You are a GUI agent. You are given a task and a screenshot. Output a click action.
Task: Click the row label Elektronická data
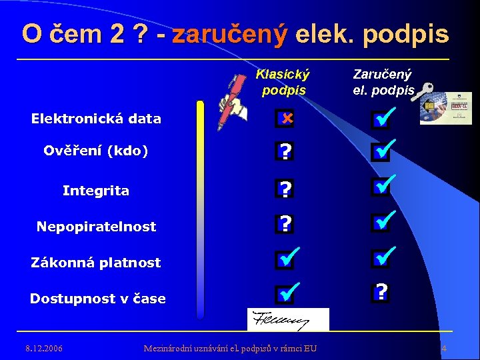click(x=96, y=119)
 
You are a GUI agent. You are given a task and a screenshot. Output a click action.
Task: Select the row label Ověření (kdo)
click(x=96, y=151)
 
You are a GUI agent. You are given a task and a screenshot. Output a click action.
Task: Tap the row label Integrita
click(x=96, y=191)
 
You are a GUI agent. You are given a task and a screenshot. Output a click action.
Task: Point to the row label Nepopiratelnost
click(x=96, y=227)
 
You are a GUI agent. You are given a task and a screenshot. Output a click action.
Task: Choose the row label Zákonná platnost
click(x=96, y=263)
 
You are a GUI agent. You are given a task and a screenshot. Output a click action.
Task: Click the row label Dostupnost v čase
click(x=97, y=299)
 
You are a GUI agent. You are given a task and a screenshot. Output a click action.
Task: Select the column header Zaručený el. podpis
click(x=383, y=82)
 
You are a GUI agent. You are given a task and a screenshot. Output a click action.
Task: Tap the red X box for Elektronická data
click(x=285, y=119)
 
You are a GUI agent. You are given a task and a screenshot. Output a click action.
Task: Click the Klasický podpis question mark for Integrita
click(x=285, y=190)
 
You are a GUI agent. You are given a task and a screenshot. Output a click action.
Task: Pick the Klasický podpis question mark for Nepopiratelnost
click(x=285, y=223)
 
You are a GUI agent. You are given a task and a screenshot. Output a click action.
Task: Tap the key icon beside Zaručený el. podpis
click(x=423, y=92)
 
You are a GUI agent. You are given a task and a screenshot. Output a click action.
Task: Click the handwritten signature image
click(x=288, y=320)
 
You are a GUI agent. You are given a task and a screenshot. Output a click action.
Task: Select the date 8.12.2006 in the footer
click(x=44, y=348)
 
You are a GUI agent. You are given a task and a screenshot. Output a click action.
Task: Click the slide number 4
click(x=444, y=349)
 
